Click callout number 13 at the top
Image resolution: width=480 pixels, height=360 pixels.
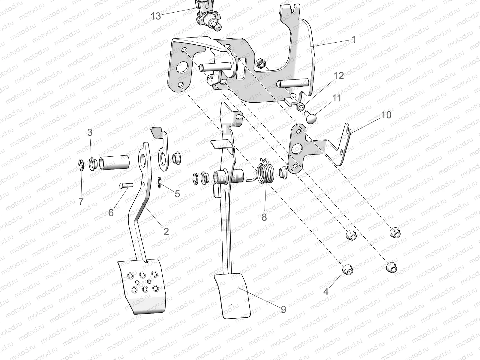click(156, 16)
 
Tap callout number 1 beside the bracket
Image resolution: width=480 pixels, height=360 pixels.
click(353, 39)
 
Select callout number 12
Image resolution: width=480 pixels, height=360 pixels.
click(338, 76)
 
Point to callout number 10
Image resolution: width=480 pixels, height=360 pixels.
click(386, 115)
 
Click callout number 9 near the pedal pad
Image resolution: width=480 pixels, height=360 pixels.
click(283, 309)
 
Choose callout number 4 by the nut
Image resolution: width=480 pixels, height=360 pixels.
click(326, 291)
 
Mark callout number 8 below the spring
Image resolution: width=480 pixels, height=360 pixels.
click(264, 217)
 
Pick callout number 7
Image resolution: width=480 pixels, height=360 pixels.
click(81, 201)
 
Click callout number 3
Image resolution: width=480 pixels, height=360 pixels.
click(90, 132)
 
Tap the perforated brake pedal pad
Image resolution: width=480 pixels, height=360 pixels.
click(143, 285)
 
